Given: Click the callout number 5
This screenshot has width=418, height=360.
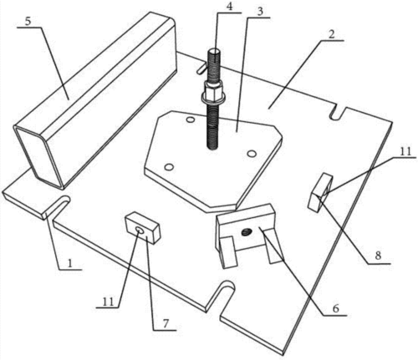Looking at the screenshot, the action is pos(28,21).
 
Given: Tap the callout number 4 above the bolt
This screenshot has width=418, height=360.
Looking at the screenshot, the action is pos(229,7).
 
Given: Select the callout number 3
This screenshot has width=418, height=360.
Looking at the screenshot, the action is pos(260,12).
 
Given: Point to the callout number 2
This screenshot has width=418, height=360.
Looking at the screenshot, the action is pos(332,34).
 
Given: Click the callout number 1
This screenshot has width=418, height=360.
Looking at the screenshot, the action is pos(70,263).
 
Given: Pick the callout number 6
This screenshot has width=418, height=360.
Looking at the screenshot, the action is pos(336,308).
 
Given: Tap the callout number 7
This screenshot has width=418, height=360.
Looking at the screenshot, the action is pos(166,323).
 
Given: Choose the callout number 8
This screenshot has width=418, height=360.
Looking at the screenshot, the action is pos(378,256).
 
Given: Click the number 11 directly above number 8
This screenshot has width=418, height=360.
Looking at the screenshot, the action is pos(405,152).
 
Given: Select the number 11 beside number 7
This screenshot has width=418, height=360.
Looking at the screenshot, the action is pos(109,302).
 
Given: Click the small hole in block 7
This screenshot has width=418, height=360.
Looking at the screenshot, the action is pos(140,229).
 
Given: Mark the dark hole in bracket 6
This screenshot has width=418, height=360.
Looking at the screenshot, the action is pos(247,231).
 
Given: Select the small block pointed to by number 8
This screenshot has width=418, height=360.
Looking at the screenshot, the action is pos(320,191).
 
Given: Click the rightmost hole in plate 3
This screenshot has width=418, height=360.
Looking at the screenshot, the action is pos(252,153).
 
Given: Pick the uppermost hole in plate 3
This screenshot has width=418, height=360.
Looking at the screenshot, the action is pos(191,119).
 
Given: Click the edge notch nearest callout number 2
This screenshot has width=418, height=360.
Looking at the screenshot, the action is pos(338,113).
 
